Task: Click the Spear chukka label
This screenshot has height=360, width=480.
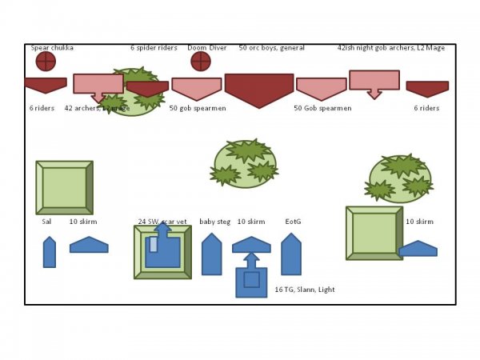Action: pyautogui.click(x=52, y=48)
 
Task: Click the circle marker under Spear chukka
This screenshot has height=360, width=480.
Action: pyautogui.click(x=46, y=61)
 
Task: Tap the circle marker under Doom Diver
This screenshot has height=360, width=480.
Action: pyautogui.click(x=200, y=61)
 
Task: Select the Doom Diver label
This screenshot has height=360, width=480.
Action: pyautogui.click(x=207, y=48)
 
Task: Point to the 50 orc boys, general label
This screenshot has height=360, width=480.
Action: pyautogui.click(x=272, y=48)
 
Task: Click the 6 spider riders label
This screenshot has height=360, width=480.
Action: pyautogui.click(x=154, y=48)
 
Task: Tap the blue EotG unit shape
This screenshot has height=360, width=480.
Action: pyautogui.click(x=291, y=254)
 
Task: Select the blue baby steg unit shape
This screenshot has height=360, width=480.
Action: pyautogui.click(x=211, y=254)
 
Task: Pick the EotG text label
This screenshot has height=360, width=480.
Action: pyautogui.click(x=293, y=222)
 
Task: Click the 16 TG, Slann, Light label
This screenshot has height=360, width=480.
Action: pyautogui.click(x=305, y=290)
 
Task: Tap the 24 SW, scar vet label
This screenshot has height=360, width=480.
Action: pyautogui.click(x=162, y=222)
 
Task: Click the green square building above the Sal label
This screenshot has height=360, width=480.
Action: pyautogui.click(x=64, y=188)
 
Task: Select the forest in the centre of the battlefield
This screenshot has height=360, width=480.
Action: pyautogui.click(x=246, y=163)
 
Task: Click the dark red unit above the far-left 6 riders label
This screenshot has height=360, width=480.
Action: pyautogui.click(x=45, y=84)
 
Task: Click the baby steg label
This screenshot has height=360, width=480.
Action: pyautogui.click(x=212, y=222)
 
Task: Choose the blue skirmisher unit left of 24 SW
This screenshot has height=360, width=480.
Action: pyautogui.click(x=89, y=246)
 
